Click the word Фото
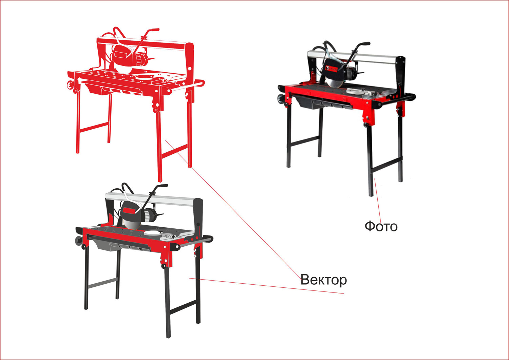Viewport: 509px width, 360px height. [381, 226]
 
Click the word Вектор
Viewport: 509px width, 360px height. [324, 280]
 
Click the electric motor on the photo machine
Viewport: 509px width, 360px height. [351, 74]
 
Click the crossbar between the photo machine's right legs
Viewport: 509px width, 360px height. [386, 165]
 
